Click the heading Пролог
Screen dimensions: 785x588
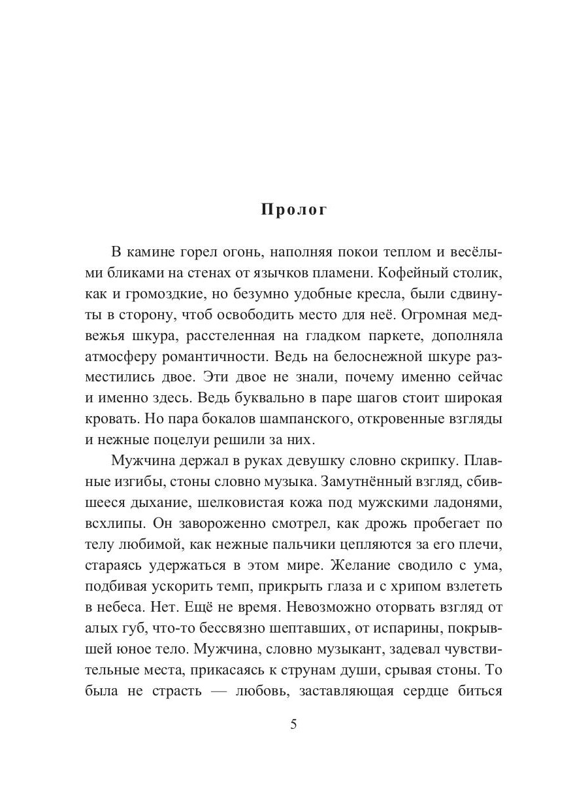coord(293,210)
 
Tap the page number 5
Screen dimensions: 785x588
coord(293,724)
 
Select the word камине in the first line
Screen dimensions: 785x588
coord(149,252)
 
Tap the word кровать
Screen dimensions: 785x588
coord(114,419)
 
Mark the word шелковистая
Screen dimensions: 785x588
coord(247,503)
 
